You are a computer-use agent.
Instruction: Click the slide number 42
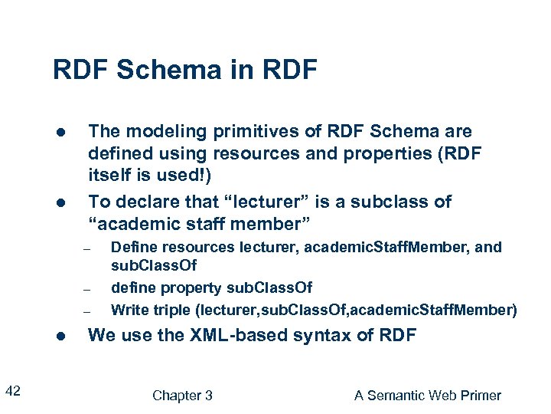click(x=13, y=392)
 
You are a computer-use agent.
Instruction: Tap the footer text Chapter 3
click(x=182, y=396)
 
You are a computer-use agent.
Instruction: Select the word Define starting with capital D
click(x=132, y=247)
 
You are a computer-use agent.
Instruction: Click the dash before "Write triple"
click(x=87, y=311)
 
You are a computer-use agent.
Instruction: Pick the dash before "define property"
click(x=87, y=289)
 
